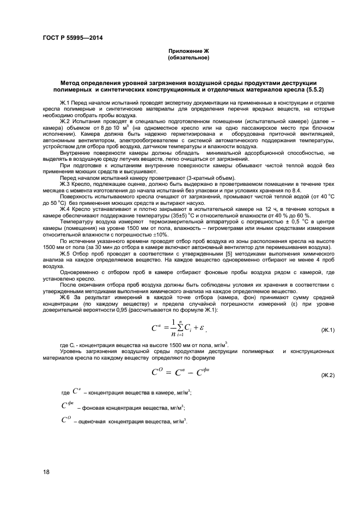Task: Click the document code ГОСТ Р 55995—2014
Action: coord(72,38)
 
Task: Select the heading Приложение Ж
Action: coord(188,51)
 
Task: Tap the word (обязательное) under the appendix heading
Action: coord(188,57)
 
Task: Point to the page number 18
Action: coord(46,471)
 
